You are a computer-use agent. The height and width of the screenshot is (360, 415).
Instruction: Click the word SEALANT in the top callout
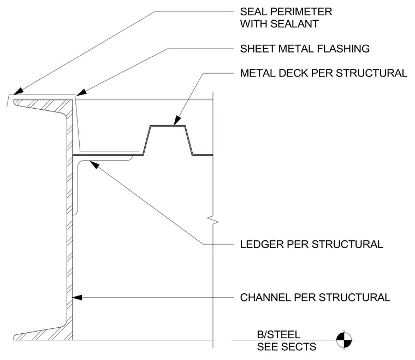(x=294, y=24)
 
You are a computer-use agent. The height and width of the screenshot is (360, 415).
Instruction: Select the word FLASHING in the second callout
(x=343, y=49)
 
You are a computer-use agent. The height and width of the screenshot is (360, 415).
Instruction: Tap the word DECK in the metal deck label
(x=293, y=73)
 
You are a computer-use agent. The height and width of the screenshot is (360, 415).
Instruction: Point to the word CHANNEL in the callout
(x=265, y=298)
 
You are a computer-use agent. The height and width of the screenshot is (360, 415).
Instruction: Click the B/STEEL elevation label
(x=278, y=334)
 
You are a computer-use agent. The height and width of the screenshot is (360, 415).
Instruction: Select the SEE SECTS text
(x=287, y=346)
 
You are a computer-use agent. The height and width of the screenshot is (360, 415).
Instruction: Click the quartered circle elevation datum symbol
(x=344, y=340)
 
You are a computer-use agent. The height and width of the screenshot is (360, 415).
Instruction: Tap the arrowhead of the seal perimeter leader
(x=17, y=91)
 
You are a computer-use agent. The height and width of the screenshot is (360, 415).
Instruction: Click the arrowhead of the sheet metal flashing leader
(x=81, y=92)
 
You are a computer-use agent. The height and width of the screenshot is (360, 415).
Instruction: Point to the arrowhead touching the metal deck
(x=177, y=120)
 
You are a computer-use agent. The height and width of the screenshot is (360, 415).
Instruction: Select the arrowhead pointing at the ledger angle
(x=94, y=164)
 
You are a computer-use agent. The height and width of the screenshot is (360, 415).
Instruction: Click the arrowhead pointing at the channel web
(x=78, y=298)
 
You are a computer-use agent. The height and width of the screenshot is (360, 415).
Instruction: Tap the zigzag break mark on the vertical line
(x=213, y=220)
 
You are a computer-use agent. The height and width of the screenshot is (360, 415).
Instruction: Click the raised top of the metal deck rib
(x=168, y=126)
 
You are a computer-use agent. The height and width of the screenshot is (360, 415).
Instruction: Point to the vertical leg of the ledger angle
(x=75, y=185)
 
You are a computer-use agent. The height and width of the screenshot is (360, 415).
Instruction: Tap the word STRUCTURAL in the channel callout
(x=354, y=298)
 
